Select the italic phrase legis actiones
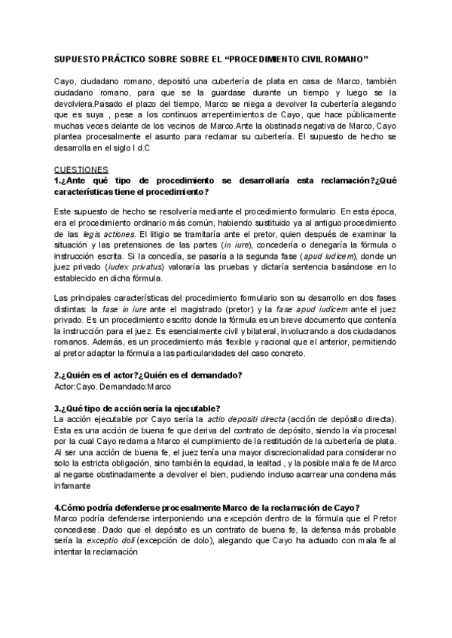(101, 235)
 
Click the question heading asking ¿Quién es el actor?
(148, 375)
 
